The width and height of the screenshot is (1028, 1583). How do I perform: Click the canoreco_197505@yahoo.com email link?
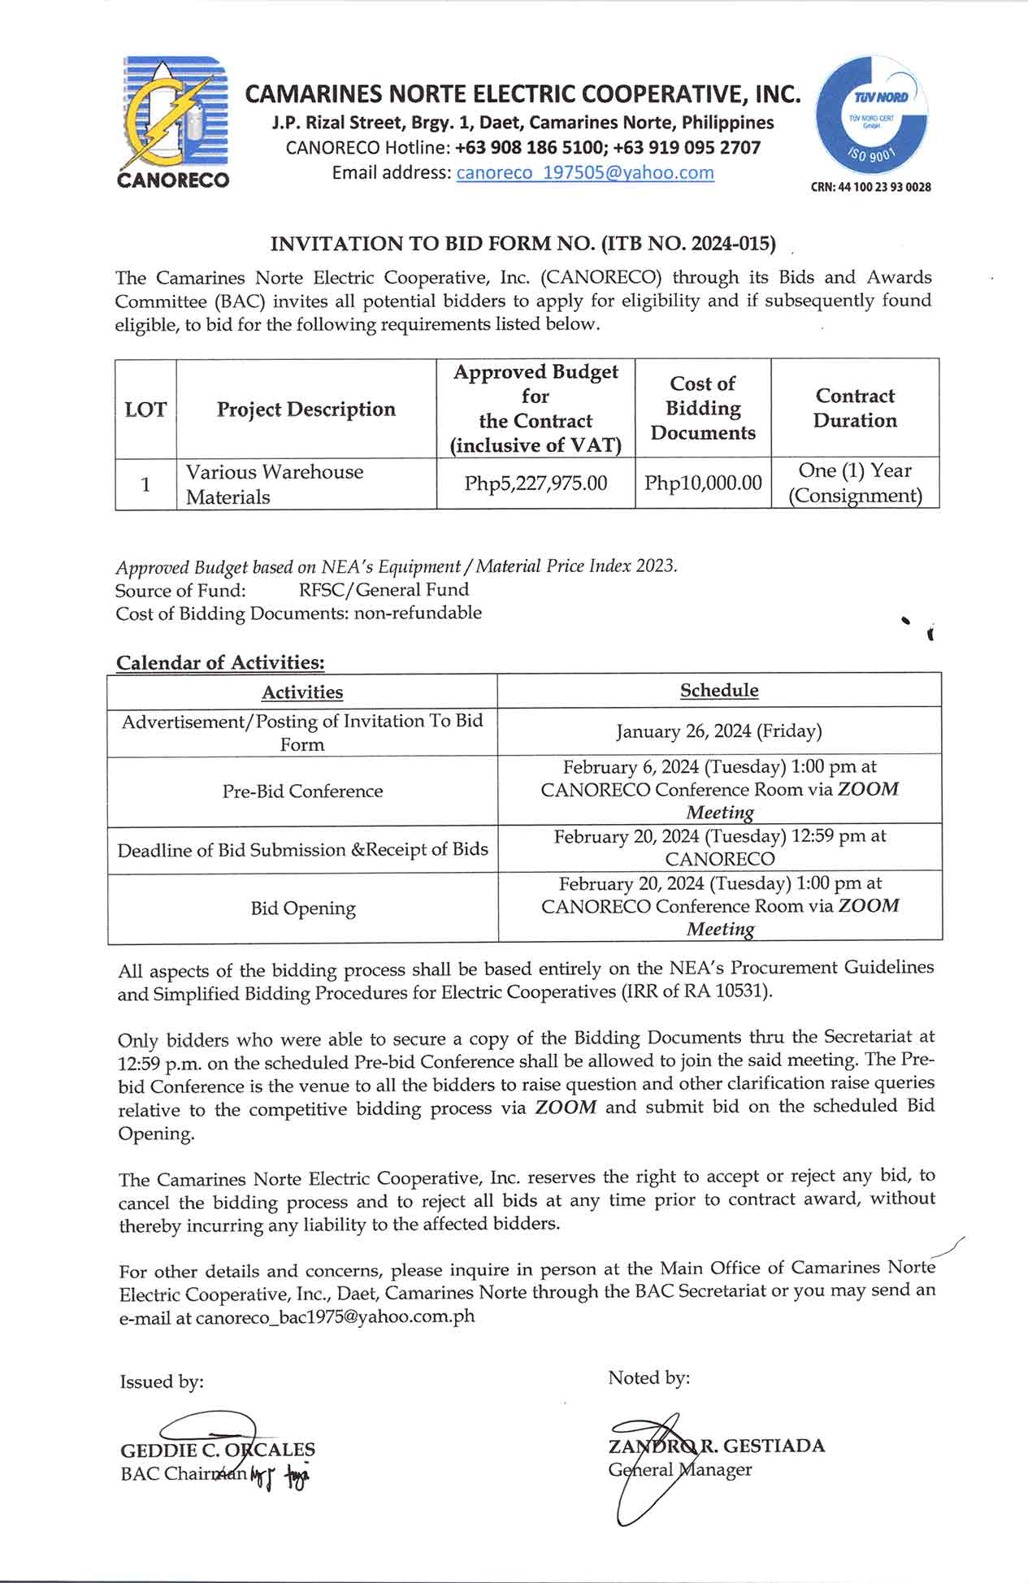pos(585,173)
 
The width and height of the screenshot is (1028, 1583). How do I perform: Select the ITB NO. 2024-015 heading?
pos(523,244)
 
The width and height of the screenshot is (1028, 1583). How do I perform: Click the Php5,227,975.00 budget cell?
pos(536,484)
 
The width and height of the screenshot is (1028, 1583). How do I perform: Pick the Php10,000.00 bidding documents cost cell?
pos(703,484)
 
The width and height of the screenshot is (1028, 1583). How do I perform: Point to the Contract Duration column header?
pos(855,408)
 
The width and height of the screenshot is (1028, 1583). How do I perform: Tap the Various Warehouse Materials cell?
pos(275,484)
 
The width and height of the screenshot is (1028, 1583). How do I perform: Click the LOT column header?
pos(145,409)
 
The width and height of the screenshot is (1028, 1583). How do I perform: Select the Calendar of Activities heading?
pos(220,662)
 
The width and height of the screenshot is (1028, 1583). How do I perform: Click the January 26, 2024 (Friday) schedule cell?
pos(719,731)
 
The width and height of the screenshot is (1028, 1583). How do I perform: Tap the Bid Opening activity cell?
pos(302,908)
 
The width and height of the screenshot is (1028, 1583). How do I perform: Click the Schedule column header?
pos(719,691)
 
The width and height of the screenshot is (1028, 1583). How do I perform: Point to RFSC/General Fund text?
pos(384,590)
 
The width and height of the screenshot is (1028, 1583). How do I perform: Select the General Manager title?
pos(680,1469)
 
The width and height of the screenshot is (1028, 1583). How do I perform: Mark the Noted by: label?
pos(648,1378)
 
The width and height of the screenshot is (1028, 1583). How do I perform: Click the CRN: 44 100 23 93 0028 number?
pos(870,187)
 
